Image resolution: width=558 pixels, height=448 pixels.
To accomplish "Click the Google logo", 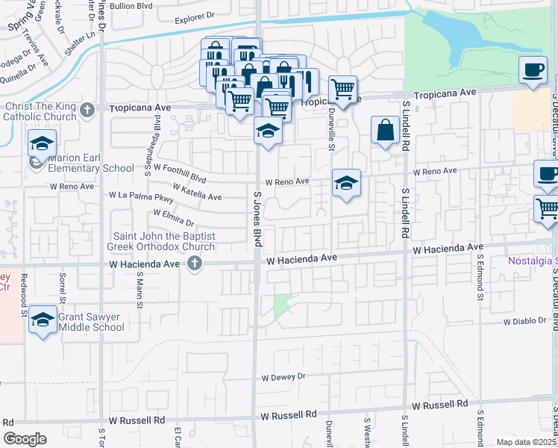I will (25, 439).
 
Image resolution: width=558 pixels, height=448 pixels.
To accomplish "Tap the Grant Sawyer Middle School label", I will (91, 322).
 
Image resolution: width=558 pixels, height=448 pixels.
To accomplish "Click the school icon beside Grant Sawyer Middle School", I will (43, 320).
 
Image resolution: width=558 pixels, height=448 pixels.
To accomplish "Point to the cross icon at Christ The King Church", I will (87, 111).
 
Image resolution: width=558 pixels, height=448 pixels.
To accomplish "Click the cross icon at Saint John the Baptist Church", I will (195, 262).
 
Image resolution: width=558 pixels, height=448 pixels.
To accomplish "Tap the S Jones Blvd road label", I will (258, 215).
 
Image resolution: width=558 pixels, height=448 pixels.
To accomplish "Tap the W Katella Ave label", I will (197, 192).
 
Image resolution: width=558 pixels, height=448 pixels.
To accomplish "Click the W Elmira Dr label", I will (173, 217).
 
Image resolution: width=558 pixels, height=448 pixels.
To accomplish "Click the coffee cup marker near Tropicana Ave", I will (533, 69).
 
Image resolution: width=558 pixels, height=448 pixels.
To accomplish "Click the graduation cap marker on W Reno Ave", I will (346, 182).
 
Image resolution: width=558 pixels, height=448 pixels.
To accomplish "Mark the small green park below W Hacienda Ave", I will (282, 306).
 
